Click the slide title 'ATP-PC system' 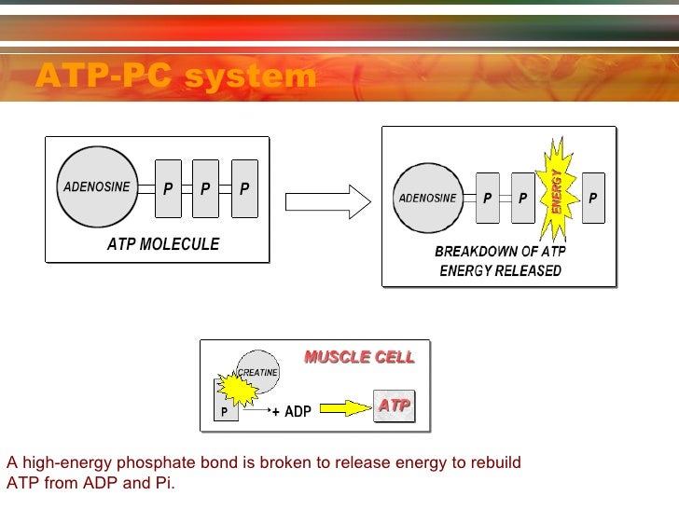click(176, 76)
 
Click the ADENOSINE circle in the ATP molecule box click(96, 186)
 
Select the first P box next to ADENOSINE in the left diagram click(168, 187)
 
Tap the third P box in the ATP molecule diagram click(244, 187)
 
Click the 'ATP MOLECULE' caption click(163, 244)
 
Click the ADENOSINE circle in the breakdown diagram click(428, 198)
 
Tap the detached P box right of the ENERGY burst click(593, 198)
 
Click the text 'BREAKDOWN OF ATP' click(500, 253)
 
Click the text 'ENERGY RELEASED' click(500, 271)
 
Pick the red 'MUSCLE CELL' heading click(359, 357)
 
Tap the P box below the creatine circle click(225, 411)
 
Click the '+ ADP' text click(291, 411)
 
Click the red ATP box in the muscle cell click(395, 406)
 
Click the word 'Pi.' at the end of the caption click(164, 484)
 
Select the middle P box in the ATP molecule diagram click(205, 187)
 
